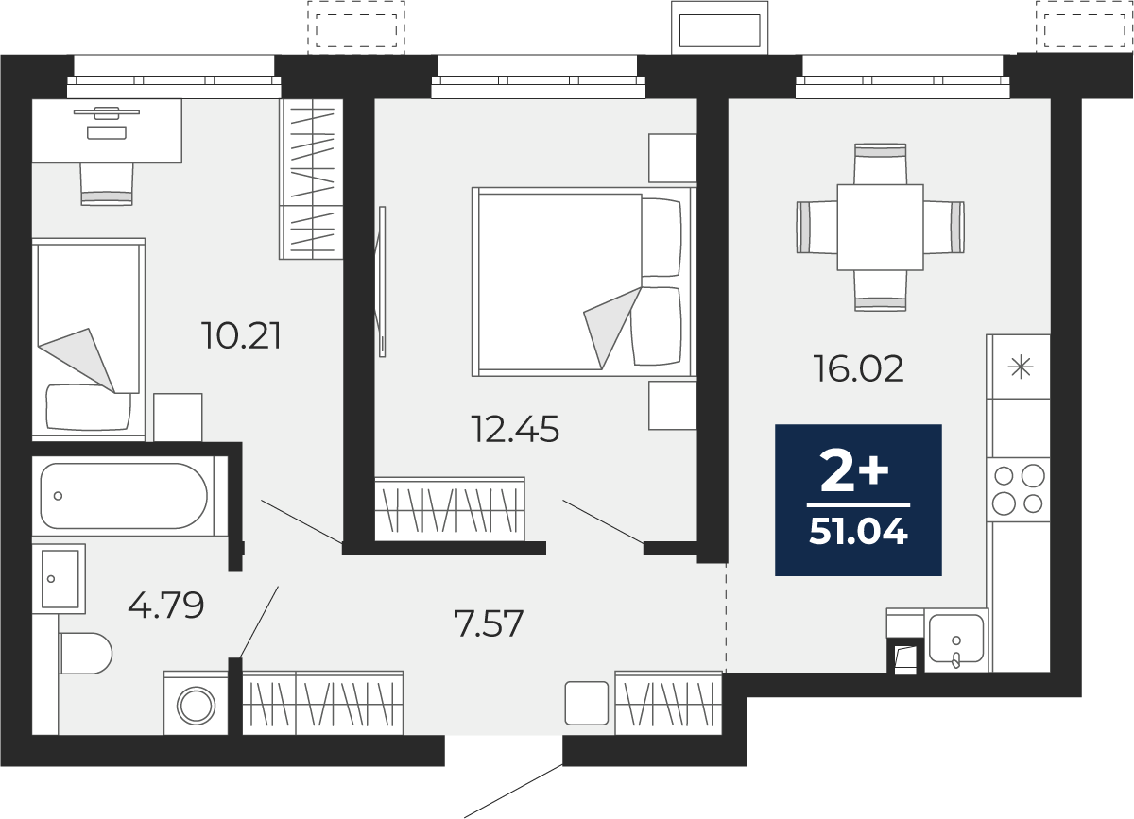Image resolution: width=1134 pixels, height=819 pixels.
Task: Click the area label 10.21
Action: click(241, 336)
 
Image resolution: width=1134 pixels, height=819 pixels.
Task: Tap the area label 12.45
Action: click(515, 429)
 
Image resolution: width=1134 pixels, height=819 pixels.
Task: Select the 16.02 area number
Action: click(859, 368)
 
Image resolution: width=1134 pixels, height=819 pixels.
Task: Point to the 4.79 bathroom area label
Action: click(166, 605)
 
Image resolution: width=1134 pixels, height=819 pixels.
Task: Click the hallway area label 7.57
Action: click(489, 623)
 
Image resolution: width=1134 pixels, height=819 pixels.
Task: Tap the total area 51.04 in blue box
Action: click(859, 532)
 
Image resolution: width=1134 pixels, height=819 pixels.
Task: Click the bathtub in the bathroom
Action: click(124, 496)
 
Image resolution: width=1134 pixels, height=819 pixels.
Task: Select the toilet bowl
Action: click(85, 653)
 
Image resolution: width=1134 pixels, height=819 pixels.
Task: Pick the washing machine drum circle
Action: click(196, 705)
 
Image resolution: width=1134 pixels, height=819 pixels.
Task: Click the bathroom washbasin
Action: click(59, 579)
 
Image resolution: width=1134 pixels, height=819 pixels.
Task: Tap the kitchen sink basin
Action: click(956, 639)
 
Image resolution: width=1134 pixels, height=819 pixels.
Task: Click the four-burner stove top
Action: click(1018, 490)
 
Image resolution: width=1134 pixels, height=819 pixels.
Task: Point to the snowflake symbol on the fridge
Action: click(1020, 367)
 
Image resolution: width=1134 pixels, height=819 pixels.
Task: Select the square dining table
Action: click(881, 227)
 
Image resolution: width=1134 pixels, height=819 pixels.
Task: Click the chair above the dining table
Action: click(881, 164)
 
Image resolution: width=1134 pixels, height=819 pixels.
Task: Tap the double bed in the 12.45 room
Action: click(584, 282)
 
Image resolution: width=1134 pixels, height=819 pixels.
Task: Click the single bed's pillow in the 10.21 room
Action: click(89, 406)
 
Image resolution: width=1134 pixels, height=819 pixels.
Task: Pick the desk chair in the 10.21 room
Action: click(107, 184)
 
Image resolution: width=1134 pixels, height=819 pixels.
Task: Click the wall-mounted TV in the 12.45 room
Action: click(382, 282)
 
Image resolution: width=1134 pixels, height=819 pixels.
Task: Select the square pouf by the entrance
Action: click(587, 703)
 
